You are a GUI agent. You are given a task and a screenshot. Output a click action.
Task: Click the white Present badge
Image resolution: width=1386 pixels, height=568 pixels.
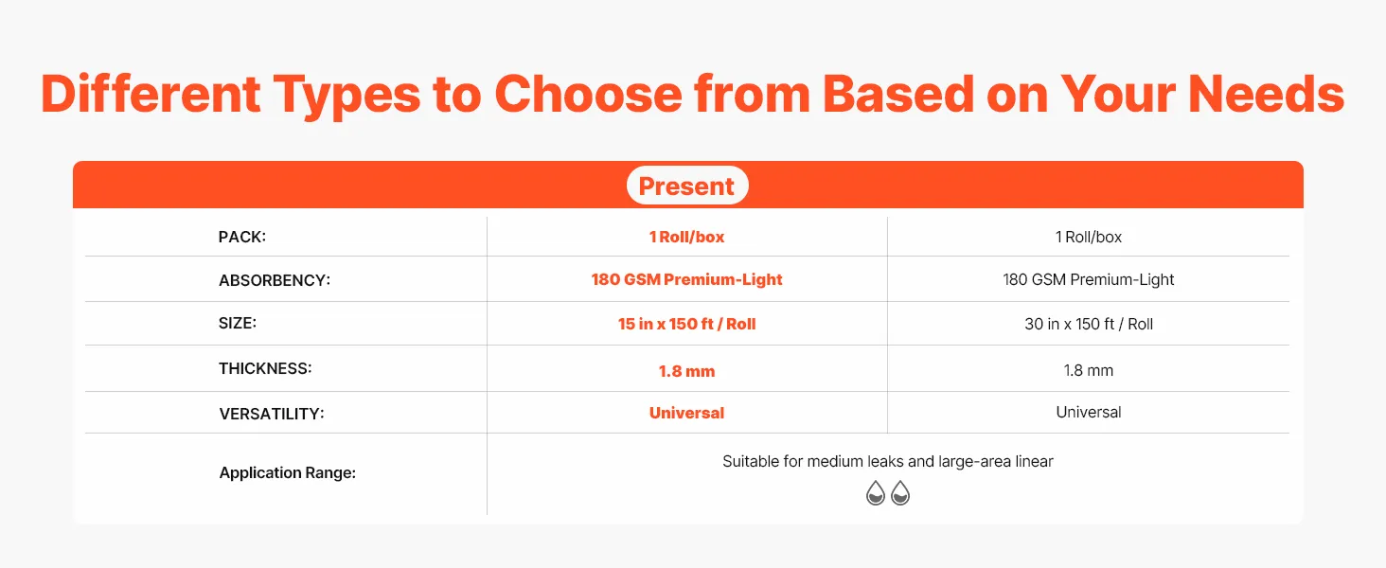click(686, 185)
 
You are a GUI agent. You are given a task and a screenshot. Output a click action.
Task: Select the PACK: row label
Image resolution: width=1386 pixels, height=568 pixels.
click(242, 237)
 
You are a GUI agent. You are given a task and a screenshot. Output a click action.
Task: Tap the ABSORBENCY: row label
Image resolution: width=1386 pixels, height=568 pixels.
click(275, 280)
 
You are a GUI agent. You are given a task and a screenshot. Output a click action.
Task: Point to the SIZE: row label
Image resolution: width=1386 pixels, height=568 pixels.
click(237, 323)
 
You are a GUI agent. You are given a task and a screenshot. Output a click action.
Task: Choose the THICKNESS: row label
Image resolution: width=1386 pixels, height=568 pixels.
click(265, 369)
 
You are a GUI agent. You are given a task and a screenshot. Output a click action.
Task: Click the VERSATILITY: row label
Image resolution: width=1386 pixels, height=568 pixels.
click(271, 414)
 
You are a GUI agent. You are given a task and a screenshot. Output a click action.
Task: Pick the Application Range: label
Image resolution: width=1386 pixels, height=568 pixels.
click(287, 472)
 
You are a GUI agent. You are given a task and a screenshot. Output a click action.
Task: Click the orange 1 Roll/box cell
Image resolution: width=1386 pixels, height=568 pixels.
click(686, 237)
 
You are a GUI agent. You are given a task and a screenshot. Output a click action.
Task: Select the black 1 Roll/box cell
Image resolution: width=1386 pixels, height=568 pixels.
click(1089, 237)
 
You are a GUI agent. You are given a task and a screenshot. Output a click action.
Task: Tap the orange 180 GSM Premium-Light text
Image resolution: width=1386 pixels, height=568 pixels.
click(686, 279)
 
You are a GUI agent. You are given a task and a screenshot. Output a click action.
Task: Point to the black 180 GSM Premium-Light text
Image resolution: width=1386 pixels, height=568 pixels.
click(1089, 279)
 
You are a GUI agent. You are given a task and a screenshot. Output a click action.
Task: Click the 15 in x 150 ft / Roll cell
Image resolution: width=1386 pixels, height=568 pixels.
click(686, 324)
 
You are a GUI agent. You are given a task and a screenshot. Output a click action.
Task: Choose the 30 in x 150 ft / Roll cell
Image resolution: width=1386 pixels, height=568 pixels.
click(1089, 324)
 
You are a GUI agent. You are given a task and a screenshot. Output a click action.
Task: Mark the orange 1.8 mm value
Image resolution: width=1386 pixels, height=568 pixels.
click(686, 371)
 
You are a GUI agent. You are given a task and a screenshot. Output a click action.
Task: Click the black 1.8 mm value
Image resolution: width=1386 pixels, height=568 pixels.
click(1089, 371)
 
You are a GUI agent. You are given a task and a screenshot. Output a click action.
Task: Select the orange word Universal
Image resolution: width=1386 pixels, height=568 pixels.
click(686, 414)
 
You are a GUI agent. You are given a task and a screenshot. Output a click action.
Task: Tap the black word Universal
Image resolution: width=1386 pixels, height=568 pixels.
click(1089, 412)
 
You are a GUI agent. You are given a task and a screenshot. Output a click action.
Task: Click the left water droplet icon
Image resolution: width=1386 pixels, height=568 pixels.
click(876, 493)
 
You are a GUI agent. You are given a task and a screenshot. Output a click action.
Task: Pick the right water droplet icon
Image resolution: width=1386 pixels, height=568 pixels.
click(900, 493)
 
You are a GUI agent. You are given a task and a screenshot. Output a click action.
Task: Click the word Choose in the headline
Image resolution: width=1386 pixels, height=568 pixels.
click(589, 94)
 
